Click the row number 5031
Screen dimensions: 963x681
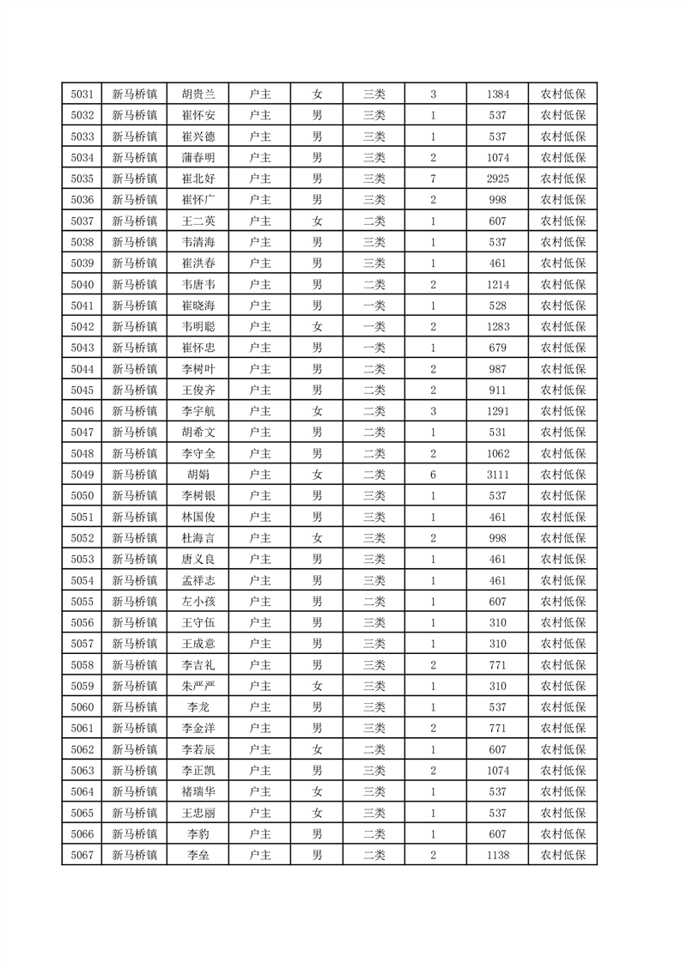coord(82,94)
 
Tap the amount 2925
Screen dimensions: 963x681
coord(497,179)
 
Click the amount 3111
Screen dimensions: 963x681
coord(497,474)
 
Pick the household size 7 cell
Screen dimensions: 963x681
coord(434,179)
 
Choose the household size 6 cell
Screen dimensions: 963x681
coord(434,474)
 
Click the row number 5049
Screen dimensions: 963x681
coord(82,474)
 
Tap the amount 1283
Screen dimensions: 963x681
coord(497,326)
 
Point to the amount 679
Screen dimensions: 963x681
coord(497,347)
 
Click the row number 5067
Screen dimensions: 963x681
coord(82,853)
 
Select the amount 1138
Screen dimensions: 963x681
coord(497,853)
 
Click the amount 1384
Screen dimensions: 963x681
coord(497,94)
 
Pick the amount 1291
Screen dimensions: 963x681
coord(497,410)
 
